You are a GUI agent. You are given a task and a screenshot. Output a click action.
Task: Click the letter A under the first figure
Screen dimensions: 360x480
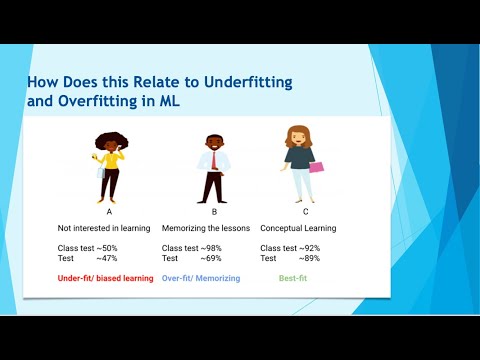click(x=108, y=212)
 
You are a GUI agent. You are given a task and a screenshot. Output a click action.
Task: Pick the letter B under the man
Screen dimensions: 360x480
click(x=213, y=212)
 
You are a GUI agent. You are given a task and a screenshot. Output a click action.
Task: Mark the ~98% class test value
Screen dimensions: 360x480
click(x=209, y=247)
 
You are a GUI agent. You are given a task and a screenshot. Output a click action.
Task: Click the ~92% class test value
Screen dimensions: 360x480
click(x=308, y=247)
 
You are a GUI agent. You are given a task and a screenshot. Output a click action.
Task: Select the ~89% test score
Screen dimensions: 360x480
click(x=308, y=258)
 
